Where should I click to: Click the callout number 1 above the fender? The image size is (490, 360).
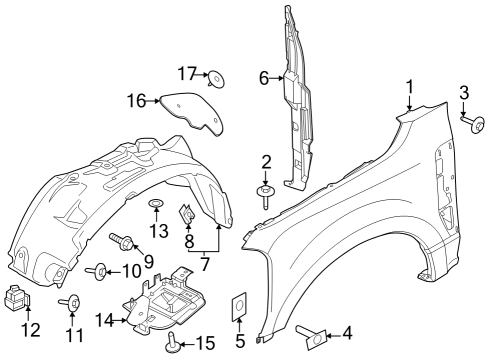408,87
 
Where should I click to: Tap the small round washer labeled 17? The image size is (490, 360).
214,75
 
